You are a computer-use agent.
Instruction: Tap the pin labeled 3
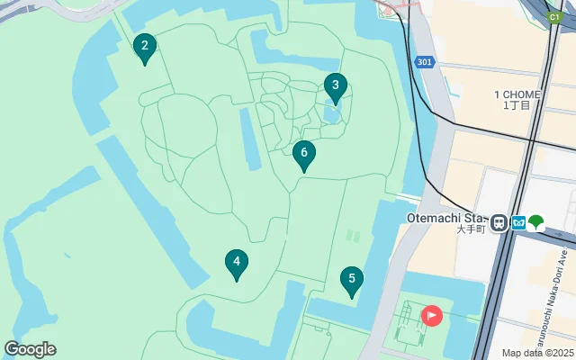335,86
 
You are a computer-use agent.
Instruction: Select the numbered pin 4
236,263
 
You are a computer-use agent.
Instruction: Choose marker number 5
352,280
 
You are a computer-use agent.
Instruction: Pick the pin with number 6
304,154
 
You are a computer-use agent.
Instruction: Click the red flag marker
432,315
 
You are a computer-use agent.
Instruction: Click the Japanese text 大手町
471,229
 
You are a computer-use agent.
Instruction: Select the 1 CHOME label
517,94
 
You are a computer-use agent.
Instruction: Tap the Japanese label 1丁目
517,106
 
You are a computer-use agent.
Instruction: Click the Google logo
30,349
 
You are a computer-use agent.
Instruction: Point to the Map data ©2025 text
536,353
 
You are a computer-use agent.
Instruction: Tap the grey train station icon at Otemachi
499,221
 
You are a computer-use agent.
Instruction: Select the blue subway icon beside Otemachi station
517,222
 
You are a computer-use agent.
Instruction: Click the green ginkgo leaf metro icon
536,221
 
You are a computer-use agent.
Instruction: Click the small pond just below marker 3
331,114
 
